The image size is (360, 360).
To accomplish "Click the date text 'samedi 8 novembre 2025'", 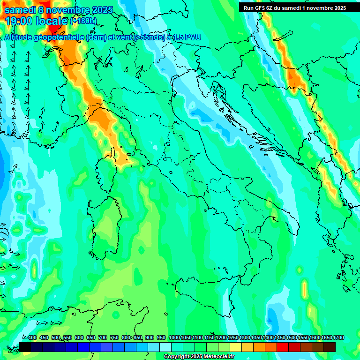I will point(59,10).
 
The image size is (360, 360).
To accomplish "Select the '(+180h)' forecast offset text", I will point(83,21).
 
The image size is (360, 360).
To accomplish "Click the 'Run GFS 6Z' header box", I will point(295,7).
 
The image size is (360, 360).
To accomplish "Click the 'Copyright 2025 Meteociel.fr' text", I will point(199,357).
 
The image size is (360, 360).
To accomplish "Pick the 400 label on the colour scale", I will point(31,337).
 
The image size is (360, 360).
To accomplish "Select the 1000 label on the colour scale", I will point(174,337).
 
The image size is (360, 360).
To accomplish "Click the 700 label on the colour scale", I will point(102,337).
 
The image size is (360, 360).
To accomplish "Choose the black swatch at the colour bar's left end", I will point(25,347).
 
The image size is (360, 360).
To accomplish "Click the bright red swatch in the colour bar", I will point(283,347).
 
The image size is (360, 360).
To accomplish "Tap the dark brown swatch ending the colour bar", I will point(330,347).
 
